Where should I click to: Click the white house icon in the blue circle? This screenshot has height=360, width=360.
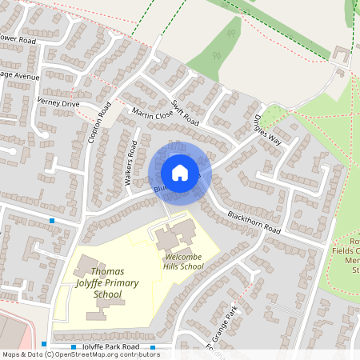[180, 172]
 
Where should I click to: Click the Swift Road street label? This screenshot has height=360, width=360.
[185, 113]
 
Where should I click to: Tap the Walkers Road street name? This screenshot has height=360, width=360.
[130, 164]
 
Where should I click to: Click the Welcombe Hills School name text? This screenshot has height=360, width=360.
[183, 262]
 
